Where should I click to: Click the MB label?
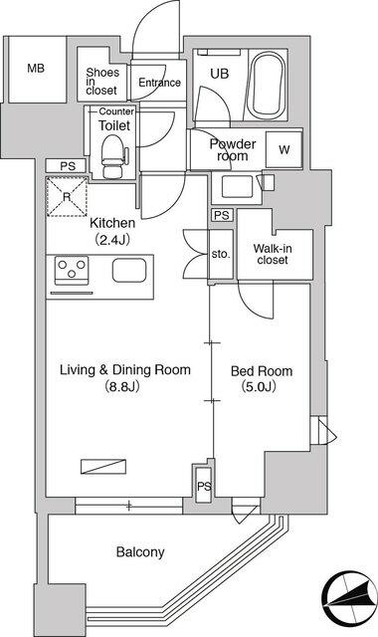pos(36,69)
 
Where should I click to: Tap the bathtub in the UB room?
pos(266,85)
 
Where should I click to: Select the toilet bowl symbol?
pos(113,156)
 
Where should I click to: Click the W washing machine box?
pos(284,149)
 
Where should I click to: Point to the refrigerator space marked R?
pos(67,197)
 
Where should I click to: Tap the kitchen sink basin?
pos(129,270)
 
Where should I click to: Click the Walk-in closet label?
pos(273,254)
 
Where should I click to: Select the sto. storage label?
pos(221,255)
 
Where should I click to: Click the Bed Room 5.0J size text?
pos(259,386)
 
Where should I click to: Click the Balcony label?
pos(140,551)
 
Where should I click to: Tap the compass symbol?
pos(349,598)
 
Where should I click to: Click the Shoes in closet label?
pos(101,82)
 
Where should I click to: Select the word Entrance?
pos(159,83)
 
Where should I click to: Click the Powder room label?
pos(233,150)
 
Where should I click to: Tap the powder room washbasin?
pos(237,187)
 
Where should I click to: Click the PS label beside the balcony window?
pos(205,486)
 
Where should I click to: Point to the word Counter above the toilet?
pos(116,111)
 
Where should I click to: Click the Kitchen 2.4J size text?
pos(112,240)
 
